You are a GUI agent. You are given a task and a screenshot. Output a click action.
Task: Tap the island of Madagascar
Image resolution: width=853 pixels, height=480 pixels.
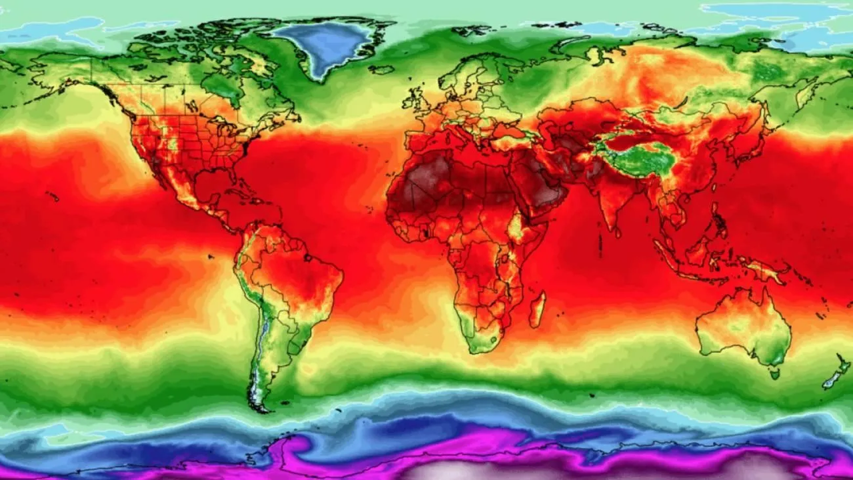[537, 309]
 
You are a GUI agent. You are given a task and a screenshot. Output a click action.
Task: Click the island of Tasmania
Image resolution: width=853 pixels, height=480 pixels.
[775, 373]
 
